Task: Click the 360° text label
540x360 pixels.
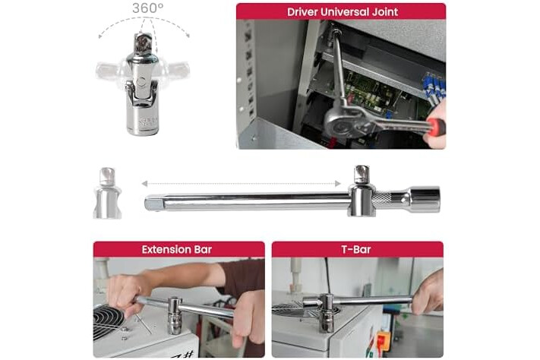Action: tap(148, 8)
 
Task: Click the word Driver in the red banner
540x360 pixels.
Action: tap(302, 12)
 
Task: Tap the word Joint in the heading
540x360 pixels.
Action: tap(384, 12)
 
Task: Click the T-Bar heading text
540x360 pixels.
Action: tap(356, 249)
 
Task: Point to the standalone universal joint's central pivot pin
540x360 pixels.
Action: tap(141, 82)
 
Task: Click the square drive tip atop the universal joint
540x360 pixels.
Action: tap(144, 43)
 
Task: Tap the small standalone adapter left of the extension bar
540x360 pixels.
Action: tap(107, 193)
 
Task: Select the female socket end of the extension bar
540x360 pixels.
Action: tap(425, 199)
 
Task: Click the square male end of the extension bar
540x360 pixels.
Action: tap(154, 203)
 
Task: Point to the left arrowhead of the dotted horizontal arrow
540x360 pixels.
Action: tap(144, 184)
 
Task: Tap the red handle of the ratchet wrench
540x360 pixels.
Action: tap(435, 126)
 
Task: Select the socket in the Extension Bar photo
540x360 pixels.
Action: tap(175, 315)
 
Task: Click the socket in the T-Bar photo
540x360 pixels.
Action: tap(327, 313)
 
